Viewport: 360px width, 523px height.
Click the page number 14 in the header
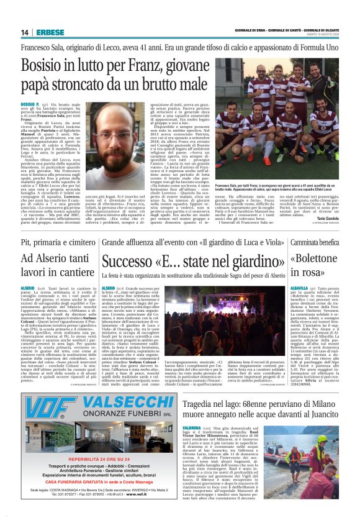coord(25,32)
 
